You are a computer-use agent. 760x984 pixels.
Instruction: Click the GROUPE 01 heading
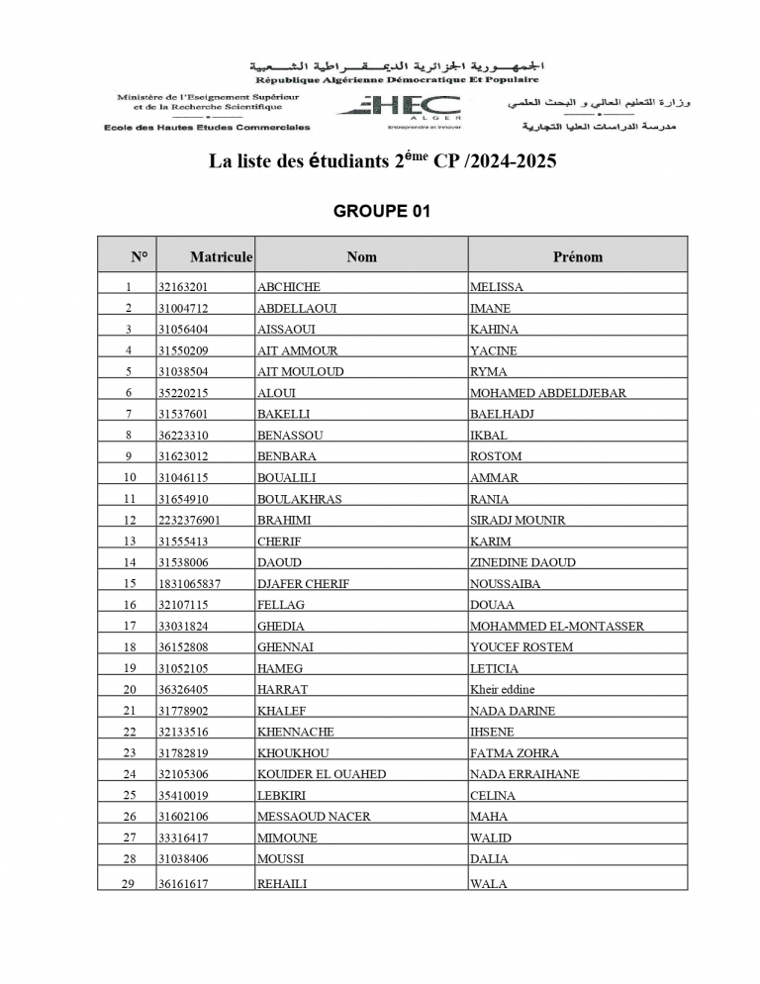click(x=382, y=211)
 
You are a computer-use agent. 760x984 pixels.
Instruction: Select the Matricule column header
click(x=221, y=256)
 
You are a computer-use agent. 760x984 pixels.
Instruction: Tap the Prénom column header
click(x=577, y=256)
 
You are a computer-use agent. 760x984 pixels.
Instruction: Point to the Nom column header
click(x=361, y=256)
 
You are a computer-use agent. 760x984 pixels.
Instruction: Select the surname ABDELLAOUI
click(x=296, y=308)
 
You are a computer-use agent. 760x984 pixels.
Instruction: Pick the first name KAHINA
click(x=494, y=330)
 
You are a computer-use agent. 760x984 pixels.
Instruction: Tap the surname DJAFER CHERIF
click(x=303, y=584)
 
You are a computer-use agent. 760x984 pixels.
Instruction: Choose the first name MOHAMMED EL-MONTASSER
click(x=557, y=626)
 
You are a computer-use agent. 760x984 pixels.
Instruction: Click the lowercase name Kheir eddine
click(x=500, y=689)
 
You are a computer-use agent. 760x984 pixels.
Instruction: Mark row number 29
click(x=128, y=884)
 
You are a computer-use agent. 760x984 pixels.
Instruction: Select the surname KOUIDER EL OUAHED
click(x=322, y=774)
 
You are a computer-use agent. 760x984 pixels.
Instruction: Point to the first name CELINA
click(x=493, y=796)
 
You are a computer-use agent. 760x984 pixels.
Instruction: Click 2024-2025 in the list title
click(x=507, y=161)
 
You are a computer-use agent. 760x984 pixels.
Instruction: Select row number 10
click(x=128, y=477)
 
